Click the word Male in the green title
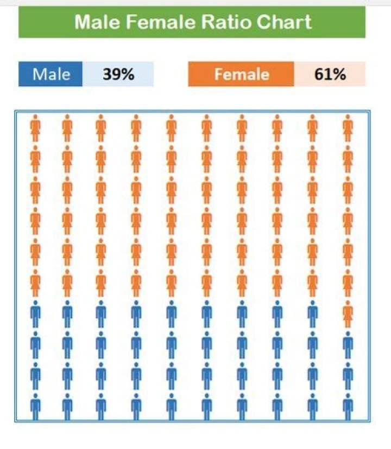[97, 22]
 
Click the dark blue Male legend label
[51, 74]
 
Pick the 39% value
[118, 74]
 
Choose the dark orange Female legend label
[241, 74]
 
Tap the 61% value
[330, 74]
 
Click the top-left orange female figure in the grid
[36, 127]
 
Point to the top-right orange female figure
[348, 127]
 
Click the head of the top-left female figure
[36, 117]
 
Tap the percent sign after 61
[340, 74]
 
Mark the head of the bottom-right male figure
[348, 396]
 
